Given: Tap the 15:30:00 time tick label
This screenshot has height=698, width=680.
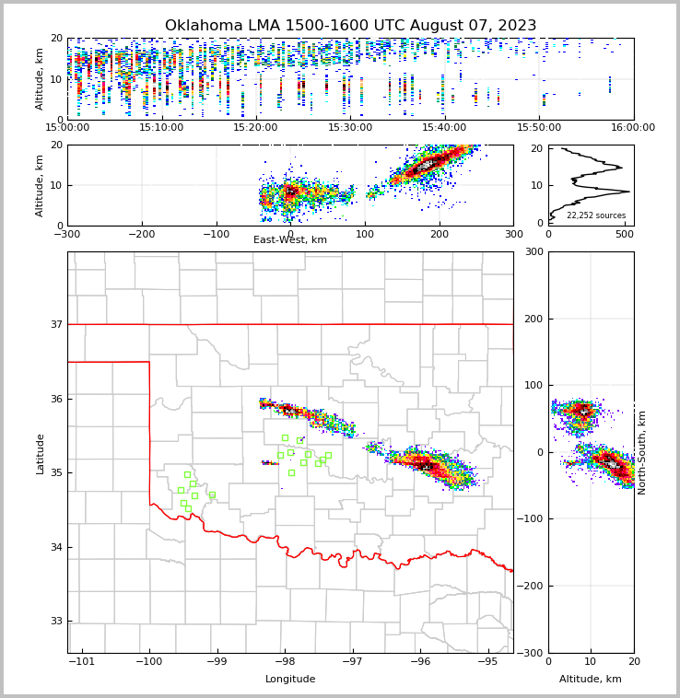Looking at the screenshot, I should [350, 128].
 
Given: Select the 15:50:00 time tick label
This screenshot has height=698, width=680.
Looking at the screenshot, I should [539, 128].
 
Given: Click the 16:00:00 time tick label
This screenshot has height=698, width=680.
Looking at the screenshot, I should [633, 128].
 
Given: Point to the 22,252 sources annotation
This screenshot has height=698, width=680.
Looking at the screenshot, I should [596, 215].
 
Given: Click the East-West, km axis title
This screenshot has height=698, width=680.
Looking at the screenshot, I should [290, 240].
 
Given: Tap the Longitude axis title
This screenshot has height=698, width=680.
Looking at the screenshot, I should [290, 680].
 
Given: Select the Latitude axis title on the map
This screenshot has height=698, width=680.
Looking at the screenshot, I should [41, 453].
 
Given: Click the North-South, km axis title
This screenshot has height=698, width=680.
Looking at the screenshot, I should [642, 452].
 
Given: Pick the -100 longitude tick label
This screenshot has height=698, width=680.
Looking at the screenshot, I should [149, 662].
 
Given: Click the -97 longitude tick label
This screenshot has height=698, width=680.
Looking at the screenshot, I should [353, 662].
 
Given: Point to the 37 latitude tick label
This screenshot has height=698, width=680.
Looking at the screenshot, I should [55, 324].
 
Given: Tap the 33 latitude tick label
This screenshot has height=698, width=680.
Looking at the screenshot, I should [55, 622].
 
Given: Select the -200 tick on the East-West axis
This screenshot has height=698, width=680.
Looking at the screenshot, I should [141, 233].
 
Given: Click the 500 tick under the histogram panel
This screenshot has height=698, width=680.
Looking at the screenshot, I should [625, 233].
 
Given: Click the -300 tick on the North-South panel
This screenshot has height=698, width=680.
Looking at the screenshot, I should [531, 653].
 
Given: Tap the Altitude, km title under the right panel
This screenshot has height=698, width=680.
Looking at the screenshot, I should [591, 680].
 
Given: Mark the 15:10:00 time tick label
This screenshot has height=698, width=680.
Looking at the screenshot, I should [161, 128].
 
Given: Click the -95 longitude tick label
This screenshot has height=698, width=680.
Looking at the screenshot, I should [488, 662].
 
